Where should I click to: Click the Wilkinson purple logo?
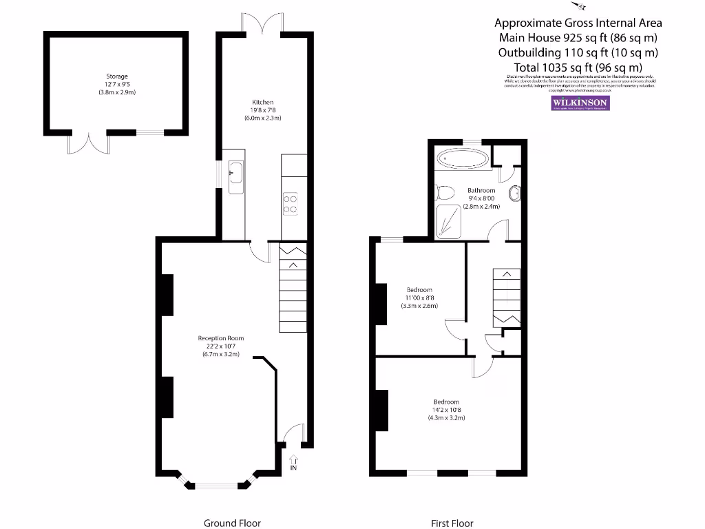point(580,103)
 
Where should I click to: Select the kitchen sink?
point(236,172)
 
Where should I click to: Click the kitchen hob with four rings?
point(291,204)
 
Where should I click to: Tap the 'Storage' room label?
point(117,76)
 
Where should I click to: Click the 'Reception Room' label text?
point(221,338)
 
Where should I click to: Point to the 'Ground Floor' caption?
point(233,523)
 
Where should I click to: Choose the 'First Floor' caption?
point(452,523)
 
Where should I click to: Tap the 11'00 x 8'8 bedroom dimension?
point(419,298)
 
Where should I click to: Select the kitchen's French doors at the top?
point(262,23)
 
